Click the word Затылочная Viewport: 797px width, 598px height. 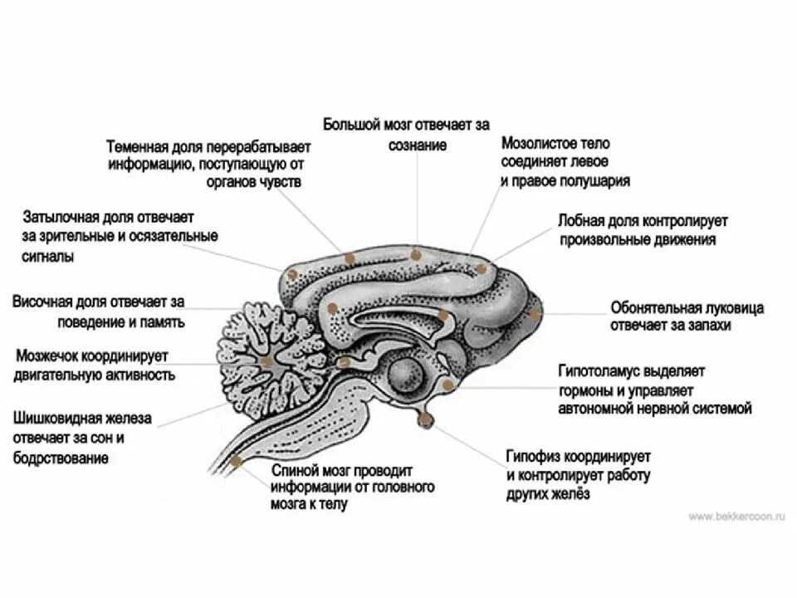58,217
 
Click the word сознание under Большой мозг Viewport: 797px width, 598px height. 418,145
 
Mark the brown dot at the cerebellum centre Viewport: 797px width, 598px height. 266,361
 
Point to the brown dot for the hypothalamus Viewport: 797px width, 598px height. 449,385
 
